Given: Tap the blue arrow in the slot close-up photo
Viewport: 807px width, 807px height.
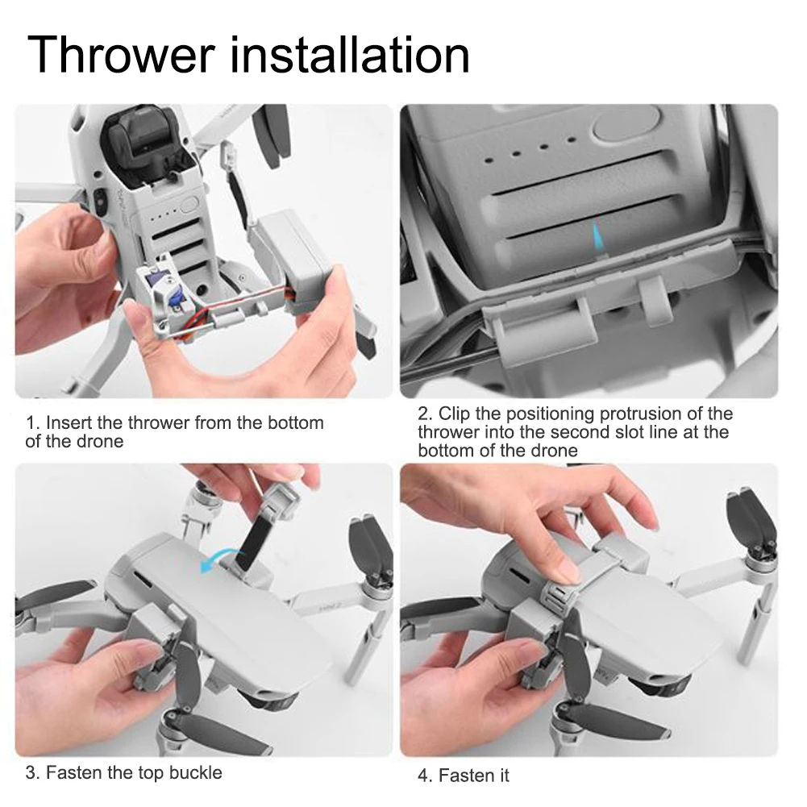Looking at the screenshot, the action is pos(598,236).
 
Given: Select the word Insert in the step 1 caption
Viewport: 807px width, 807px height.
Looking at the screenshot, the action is pos(69,422).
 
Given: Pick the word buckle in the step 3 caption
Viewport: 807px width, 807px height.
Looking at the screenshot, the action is pos(196,772).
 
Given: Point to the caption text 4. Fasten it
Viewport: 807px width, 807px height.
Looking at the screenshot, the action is pos(464,775).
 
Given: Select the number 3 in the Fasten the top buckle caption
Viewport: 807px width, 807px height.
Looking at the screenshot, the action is pos(32,772).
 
